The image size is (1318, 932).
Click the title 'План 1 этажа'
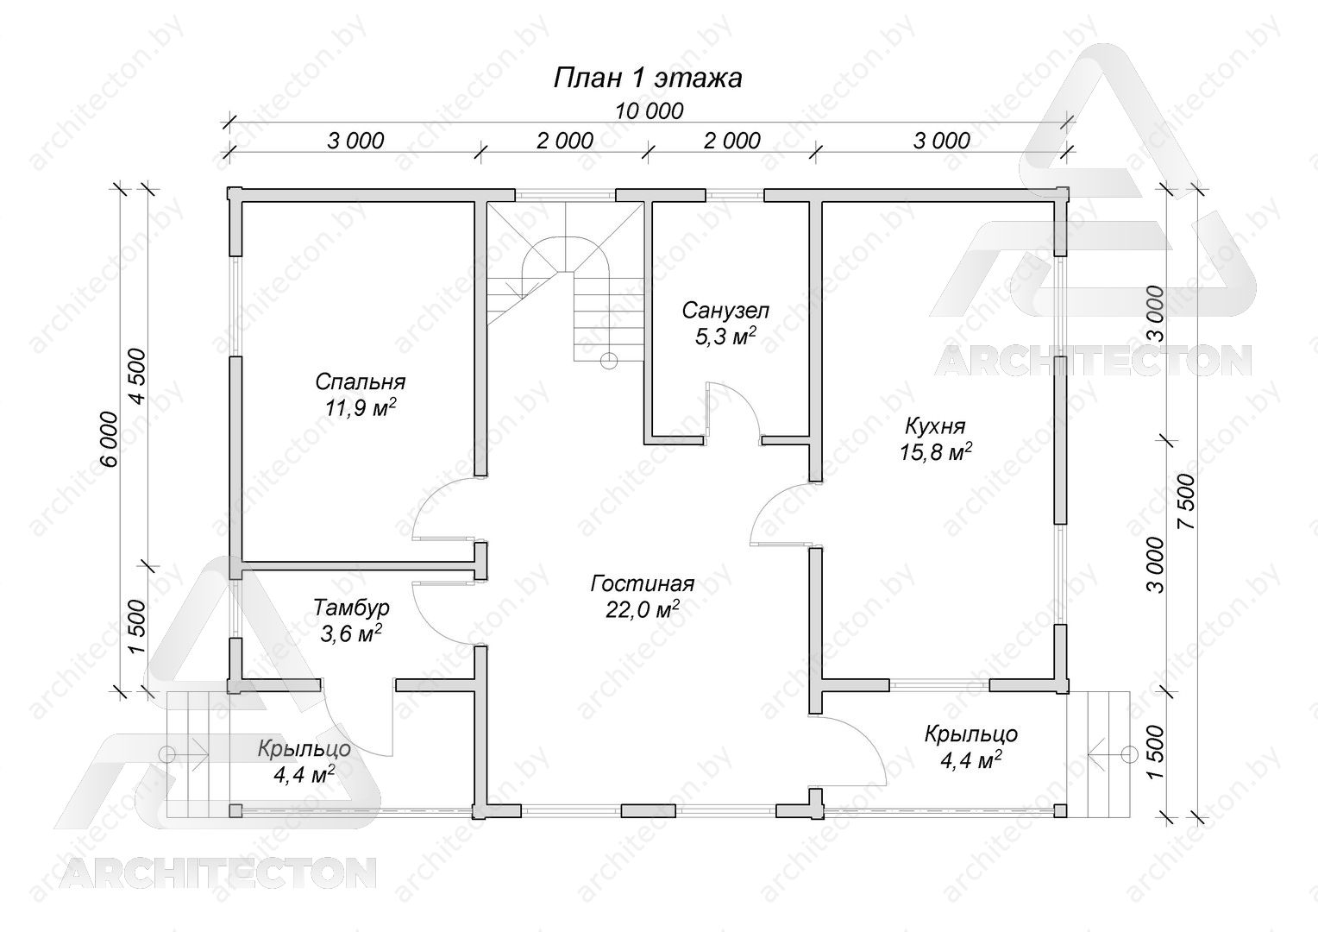(648, 79)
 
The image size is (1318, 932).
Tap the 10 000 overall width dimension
(649, 110)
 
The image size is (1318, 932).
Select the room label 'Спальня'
(360, 382)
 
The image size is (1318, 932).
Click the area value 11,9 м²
(360, 407)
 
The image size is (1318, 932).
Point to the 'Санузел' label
(725, 311)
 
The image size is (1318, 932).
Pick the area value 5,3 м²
(725, 337)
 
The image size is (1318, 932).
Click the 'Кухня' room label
(935, 425)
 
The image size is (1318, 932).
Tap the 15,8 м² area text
(935, 451)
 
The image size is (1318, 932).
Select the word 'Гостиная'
(643, 583)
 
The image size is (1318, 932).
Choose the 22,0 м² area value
(643, 610)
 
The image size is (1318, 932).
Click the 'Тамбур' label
(351, 607)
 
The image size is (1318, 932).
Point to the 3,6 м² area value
(351, 633)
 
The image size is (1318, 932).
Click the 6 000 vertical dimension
(110, 438)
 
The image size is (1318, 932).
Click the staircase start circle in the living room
(608, 360)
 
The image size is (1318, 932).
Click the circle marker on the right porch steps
(1129, 753)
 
